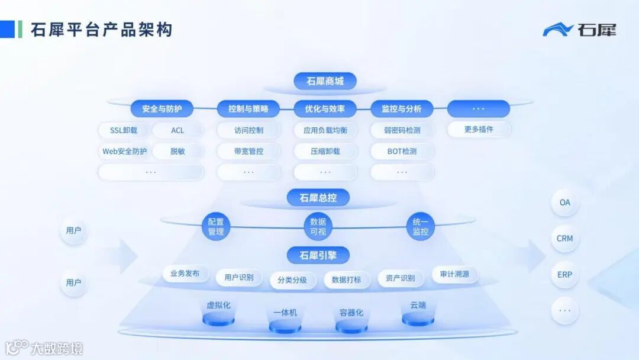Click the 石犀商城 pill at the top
tap(325, 81)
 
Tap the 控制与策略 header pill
tap(248, 109)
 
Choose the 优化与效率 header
tap(325, 109)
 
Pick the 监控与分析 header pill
tap(402, 109)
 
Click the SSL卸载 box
tap(124, 130)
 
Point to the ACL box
tap(177, 130)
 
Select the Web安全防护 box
tap(124, 151)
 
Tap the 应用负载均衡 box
tap(325, 130)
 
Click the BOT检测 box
tap(402, 151)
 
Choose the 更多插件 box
tap(479, 129)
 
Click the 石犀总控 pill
tap(318, 198)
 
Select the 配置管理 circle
tap(216, 227)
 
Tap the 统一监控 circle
tap(421, 227)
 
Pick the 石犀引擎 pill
tap(318, 255)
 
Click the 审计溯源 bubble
tap(454, 274)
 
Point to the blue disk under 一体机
tap(285, 326)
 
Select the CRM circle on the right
tap(564, 239)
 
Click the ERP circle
tap(564, 275)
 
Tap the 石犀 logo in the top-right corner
tap(579, 30)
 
